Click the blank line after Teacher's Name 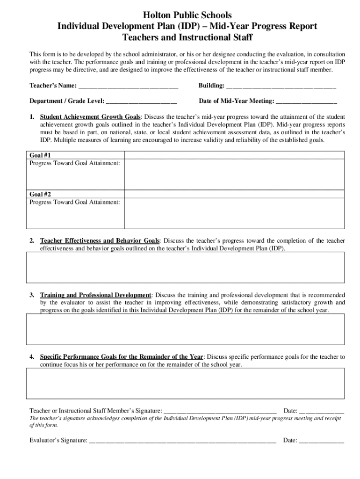(128, 87)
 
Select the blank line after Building (281, 87)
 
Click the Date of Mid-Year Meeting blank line (306, 102)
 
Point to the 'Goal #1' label (40, 155)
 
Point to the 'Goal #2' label (40, 194)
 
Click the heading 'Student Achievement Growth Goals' (91, 117)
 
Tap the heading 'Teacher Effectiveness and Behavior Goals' (100, 241)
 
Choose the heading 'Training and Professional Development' (96, 295)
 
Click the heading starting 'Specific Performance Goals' (122, 357)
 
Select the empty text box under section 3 (185, 329)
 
